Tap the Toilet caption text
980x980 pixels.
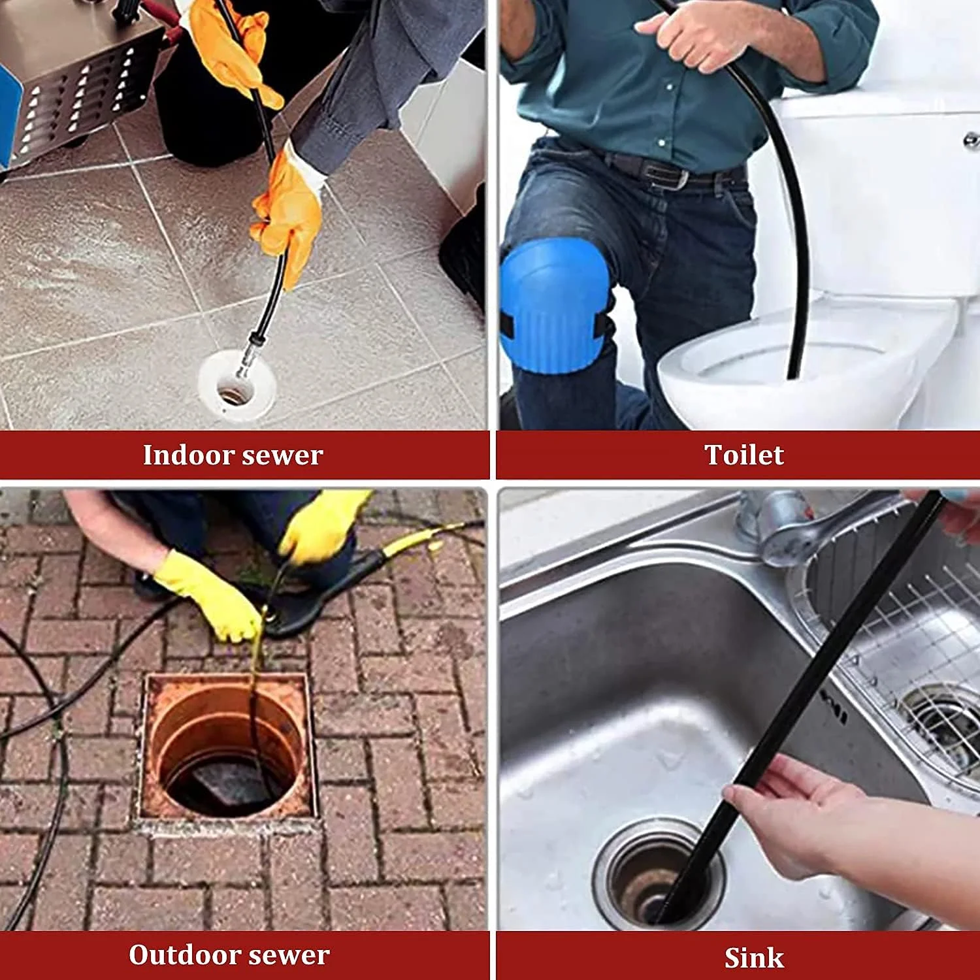(744, 455)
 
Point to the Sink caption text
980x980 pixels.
(754, 958)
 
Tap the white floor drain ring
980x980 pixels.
(237, 386)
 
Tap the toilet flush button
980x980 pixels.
(972, 139)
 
